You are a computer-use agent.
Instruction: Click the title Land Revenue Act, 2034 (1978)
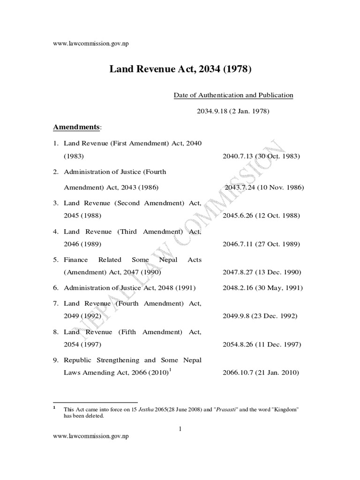pos(180,69)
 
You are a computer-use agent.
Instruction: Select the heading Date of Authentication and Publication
pos(233,95)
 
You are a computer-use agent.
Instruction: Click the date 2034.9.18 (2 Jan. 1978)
pos(232,112)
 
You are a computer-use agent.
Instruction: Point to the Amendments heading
pos(77,127)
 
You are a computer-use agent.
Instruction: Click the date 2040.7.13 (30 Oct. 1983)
pos(261,156)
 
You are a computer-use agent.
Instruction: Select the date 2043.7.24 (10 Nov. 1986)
pos(264,187)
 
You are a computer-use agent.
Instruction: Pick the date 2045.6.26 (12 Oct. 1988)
pos(261,216)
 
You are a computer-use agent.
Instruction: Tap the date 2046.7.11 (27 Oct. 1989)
pos(261,244)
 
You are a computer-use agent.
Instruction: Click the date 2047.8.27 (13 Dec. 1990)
pos(262,272)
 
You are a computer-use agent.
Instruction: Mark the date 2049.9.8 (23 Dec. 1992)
pos(260,316)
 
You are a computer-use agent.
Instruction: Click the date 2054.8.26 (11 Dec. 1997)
pos(261,345)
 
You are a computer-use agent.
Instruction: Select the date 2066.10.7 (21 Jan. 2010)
pos(261,373)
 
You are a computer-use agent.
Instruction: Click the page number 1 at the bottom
pos(180,428)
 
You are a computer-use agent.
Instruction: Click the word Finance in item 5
pos(75,260)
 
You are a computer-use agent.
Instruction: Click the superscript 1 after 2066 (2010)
pos(170,370)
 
